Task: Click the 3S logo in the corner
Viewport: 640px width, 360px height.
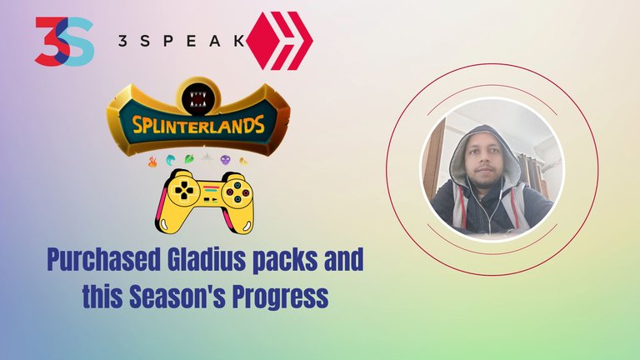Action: (64, 41)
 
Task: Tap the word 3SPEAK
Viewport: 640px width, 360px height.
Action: (181, 41)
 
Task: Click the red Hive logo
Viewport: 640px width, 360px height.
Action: (280, 41)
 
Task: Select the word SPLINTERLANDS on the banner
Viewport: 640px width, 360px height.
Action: (198, 124)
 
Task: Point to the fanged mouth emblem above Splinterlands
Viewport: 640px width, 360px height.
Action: (198, 99)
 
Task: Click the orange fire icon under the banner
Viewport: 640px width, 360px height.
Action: (152, 162)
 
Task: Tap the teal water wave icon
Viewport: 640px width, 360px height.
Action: (170, 160)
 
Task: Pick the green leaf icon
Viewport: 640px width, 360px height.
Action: (189, 159)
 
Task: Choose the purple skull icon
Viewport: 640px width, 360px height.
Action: (225, 160)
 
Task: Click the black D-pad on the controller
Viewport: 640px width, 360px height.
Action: (184, 190)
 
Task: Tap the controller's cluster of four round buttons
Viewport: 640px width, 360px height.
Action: (237, 192)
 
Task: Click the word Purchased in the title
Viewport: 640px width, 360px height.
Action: (103, 260)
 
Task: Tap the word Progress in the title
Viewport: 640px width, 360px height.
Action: (280, 298)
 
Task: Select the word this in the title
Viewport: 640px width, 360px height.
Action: (102, 297)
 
